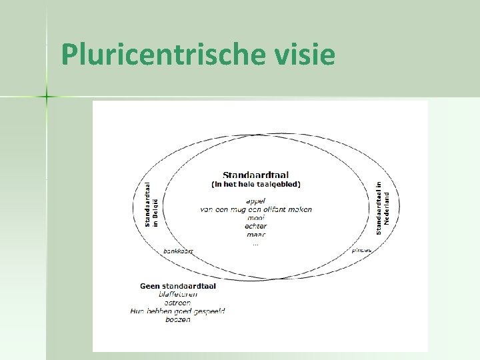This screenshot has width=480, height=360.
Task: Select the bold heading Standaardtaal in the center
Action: click(x=255, y=175)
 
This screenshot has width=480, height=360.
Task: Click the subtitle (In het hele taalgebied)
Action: click(x=255, y=184)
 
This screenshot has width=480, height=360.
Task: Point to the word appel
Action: click(x=255, y=201)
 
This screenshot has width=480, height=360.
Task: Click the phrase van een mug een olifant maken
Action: click(x=255, y=209)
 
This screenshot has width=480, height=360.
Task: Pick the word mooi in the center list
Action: click(x=255, y=218)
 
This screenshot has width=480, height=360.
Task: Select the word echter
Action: click(x=255, y=227)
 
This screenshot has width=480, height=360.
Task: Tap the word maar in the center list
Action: click(x=255, y=235)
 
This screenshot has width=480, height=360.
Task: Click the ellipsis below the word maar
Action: click(x=255, y=243)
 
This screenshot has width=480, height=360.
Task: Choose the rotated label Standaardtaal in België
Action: click(x=152, y=203)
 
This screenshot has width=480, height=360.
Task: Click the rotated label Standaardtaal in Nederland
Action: click(x=382, y=208)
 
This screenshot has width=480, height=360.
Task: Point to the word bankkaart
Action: click(x=178, y=251)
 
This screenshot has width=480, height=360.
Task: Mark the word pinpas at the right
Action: click(x=361, y=251)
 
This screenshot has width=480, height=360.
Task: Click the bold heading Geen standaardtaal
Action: click(x=178, y=286)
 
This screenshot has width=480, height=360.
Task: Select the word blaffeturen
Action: click(x=178, y=295)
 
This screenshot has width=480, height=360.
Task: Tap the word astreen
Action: click(x=178, y=303)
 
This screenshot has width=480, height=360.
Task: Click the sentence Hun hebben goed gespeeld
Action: click(x=178, y=311)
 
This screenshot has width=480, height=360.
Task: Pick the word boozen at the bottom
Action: click(x=178, y=319)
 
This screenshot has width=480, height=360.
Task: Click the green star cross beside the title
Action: click(x=47, y=97)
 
